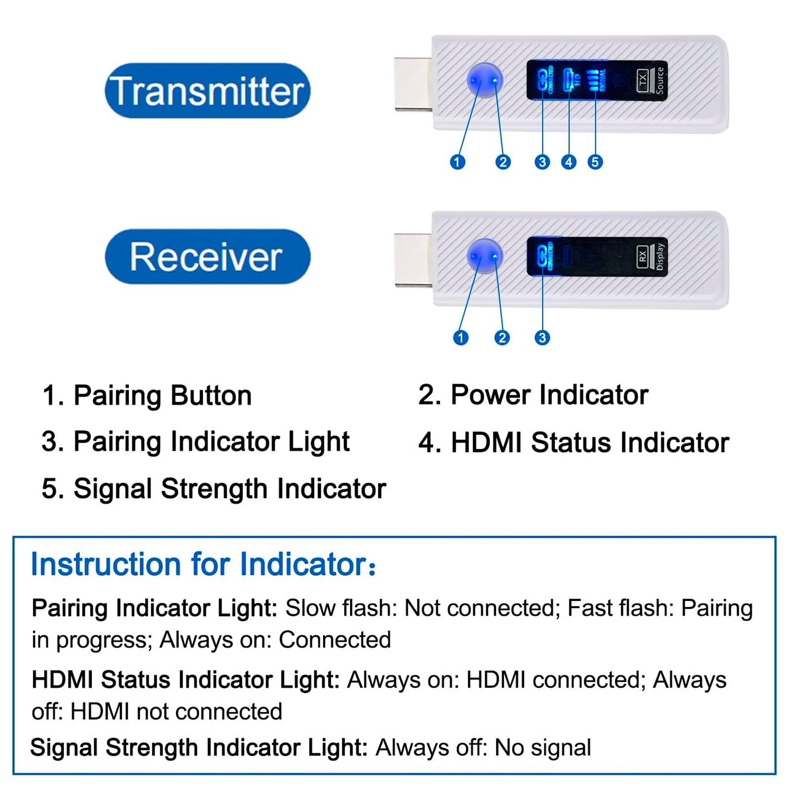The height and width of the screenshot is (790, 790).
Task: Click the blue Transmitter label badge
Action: (207, 91)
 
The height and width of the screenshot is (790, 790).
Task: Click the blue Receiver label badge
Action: (207, 257)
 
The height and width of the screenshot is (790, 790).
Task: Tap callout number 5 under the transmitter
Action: (595, 162)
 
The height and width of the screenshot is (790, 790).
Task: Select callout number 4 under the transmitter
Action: (569, 162)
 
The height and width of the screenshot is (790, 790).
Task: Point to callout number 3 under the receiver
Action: (542, 338)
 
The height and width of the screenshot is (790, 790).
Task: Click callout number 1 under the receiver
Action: (461, 338)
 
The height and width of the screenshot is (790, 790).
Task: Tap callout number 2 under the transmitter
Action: (503, 162)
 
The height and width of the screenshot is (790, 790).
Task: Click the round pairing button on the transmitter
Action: (484, 80)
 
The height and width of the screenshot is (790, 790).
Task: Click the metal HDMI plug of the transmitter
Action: (413, 84)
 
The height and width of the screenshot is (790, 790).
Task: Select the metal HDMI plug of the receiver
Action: (413, 260)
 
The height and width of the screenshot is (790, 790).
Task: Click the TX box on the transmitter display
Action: (642, 80)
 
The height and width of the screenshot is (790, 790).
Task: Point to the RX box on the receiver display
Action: (642, 256)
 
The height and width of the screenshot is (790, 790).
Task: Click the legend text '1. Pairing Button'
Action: (147, 395)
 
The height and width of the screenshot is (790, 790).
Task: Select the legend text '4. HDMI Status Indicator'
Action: (573, 442)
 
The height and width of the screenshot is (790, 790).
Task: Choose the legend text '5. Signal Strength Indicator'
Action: (213, 489)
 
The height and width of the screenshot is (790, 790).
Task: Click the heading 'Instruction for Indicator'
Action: (203, 564)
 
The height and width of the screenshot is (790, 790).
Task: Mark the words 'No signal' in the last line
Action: (543, 748)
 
